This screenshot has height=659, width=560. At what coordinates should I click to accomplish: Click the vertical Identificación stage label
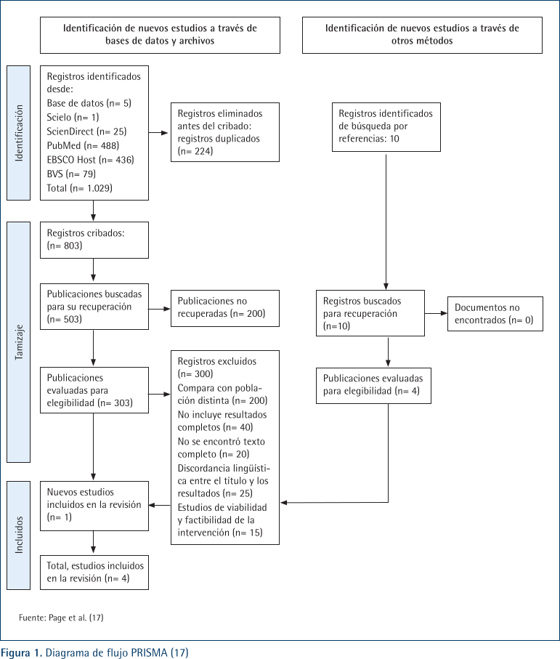[19, 133]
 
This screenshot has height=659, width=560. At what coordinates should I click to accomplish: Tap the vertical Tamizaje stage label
[19, 342]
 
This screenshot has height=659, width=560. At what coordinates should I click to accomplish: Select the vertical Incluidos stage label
[19, 535]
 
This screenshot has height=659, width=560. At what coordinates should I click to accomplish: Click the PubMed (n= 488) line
[83, 145]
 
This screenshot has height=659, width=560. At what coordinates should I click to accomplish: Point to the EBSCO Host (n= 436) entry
[90, 160]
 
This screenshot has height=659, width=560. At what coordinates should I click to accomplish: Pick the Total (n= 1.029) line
[79, 188]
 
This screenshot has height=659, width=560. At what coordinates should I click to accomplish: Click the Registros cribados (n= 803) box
[94, 240]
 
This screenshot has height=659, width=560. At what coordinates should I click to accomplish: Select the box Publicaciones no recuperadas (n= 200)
[225, 308]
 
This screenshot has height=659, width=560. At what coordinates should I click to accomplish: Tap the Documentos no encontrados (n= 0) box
[495, 314]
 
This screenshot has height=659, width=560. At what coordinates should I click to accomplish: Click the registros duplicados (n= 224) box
[225, 132]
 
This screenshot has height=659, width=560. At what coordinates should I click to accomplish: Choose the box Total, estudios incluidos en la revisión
[94, 572]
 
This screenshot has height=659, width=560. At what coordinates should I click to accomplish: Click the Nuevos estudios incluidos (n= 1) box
[94, 506]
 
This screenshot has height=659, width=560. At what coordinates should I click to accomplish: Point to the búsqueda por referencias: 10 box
[386, 126]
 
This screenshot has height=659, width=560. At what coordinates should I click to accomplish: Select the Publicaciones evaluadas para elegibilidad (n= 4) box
[373, 385]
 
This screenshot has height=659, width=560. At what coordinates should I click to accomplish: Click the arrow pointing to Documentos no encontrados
[436, 313]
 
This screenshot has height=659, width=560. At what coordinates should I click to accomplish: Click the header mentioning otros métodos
[422, 35]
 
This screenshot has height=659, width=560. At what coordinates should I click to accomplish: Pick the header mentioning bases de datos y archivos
[160, 35]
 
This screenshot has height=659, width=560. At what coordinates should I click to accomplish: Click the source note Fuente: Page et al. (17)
[61, 618]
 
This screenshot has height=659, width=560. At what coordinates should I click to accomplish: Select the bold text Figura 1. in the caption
[21, 652]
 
